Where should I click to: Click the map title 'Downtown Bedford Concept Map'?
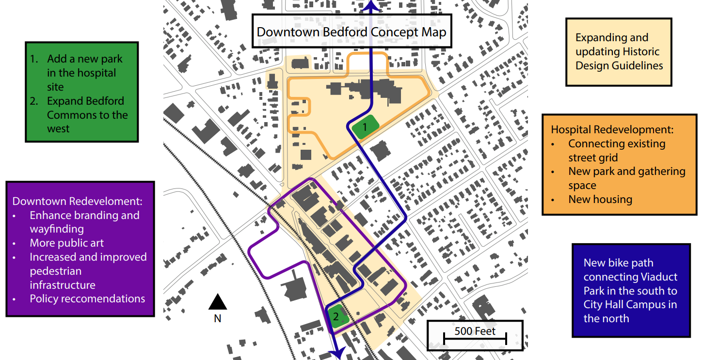coord(351,32)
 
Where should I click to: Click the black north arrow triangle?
coord(218,302)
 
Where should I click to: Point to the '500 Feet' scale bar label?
coord(475,331)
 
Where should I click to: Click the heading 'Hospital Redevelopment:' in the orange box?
coord(612,130)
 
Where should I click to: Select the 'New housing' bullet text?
coord(600,199)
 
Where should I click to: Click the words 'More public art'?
coord(67,243)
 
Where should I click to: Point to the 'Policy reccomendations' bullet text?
coord(87,298)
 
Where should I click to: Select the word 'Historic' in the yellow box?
coord(641,51)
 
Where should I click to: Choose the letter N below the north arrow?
coord(218,318)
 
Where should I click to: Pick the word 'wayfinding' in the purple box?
coord(57,229)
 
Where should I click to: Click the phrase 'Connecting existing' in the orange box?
coord(617,144)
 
